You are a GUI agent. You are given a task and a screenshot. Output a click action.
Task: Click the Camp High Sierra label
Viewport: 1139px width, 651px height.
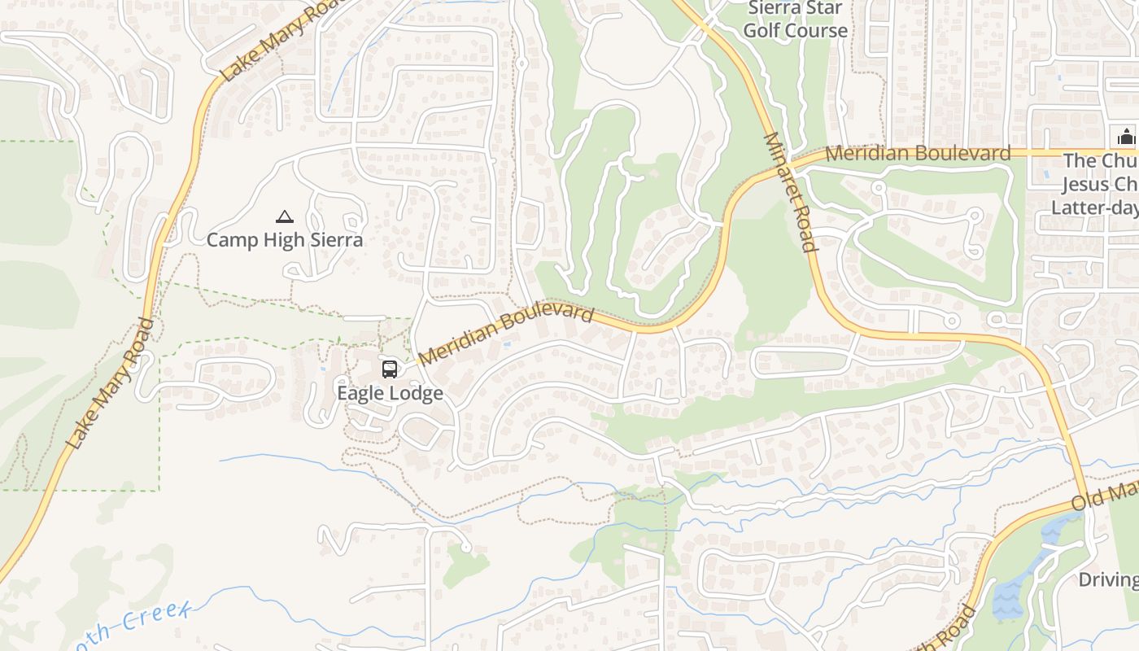coord(284,240)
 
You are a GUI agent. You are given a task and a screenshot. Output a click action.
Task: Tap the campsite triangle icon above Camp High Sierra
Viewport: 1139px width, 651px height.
coord(284,216)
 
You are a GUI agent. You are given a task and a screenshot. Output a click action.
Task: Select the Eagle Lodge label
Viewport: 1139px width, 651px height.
coord(391,393)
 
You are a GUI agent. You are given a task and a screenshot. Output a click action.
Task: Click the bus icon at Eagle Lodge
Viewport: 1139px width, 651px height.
coord(390,369)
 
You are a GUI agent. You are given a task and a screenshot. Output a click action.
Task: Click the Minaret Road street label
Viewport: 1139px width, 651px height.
coord(789,192)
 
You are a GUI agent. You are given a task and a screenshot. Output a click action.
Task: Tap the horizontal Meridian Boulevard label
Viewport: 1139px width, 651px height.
coord(918,153)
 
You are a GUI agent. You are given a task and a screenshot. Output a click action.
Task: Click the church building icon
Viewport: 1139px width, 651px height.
coord(1126,136)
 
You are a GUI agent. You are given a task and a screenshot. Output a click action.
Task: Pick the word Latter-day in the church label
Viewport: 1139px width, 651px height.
coord(1094,208)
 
